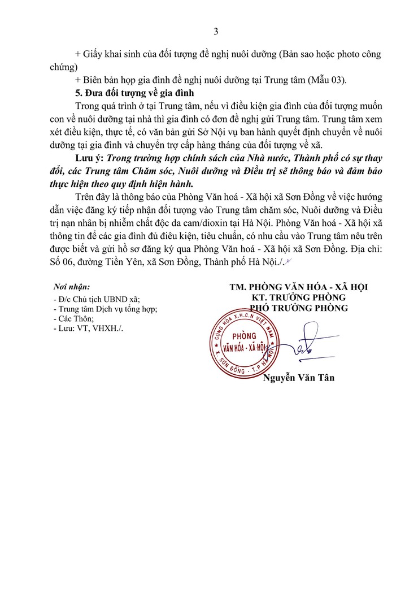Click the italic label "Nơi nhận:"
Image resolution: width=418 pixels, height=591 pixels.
point(71,287)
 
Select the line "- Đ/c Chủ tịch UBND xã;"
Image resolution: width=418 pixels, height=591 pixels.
point(95,300)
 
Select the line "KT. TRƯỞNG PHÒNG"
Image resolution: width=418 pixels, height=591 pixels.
point(299,297)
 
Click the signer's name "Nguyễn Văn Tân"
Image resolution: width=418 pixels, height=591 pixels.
point(299,378)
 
